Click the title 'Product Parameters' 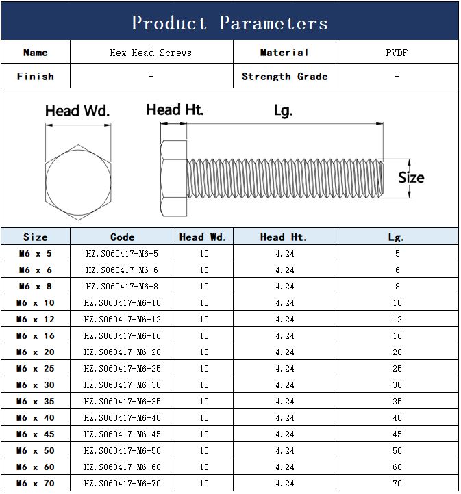[229, 23]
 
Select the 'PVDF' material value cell [397, 52]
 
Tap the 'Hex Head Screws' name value [151, 53]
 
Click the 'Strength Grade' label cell [285, 76]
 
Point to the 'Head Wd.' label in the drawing [77, 111]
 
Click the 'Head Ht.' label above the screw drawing [175, 109]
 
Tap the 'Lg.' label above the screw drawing [283, 112]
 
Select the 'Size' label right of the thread [411, 177]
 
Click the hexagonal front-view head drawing [78, 182]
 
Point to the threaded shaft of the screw [285, 179]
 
